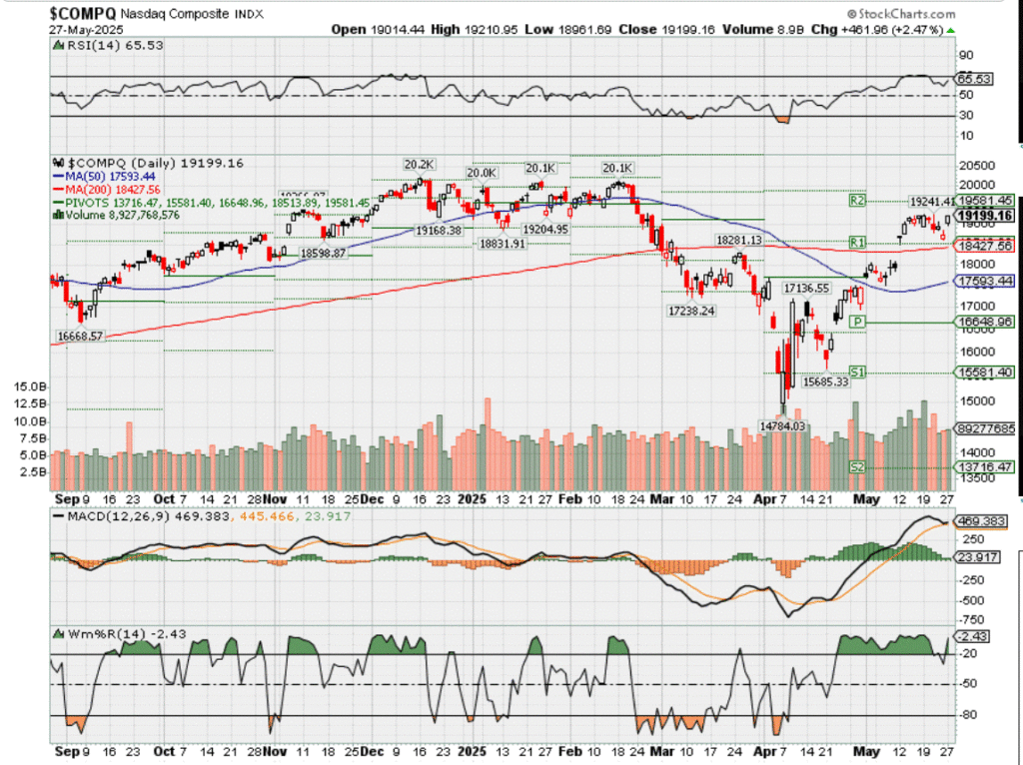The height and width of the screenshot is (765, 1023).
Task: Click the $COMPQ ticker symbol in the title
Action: pos(82,13)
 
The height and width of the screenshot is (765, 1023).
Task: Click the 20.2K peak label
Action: pos(418,164)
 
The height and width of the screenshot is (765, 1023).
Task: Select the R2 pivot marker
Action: pos(856,201)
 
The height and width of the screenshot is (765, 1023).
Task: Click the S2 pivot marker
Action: pos(856,467)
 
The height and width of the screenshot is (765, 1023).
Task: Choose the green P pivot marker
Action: pos(856,322)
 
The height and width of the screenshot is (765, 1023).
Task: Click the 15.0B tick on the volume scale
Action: pos(33,385)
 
